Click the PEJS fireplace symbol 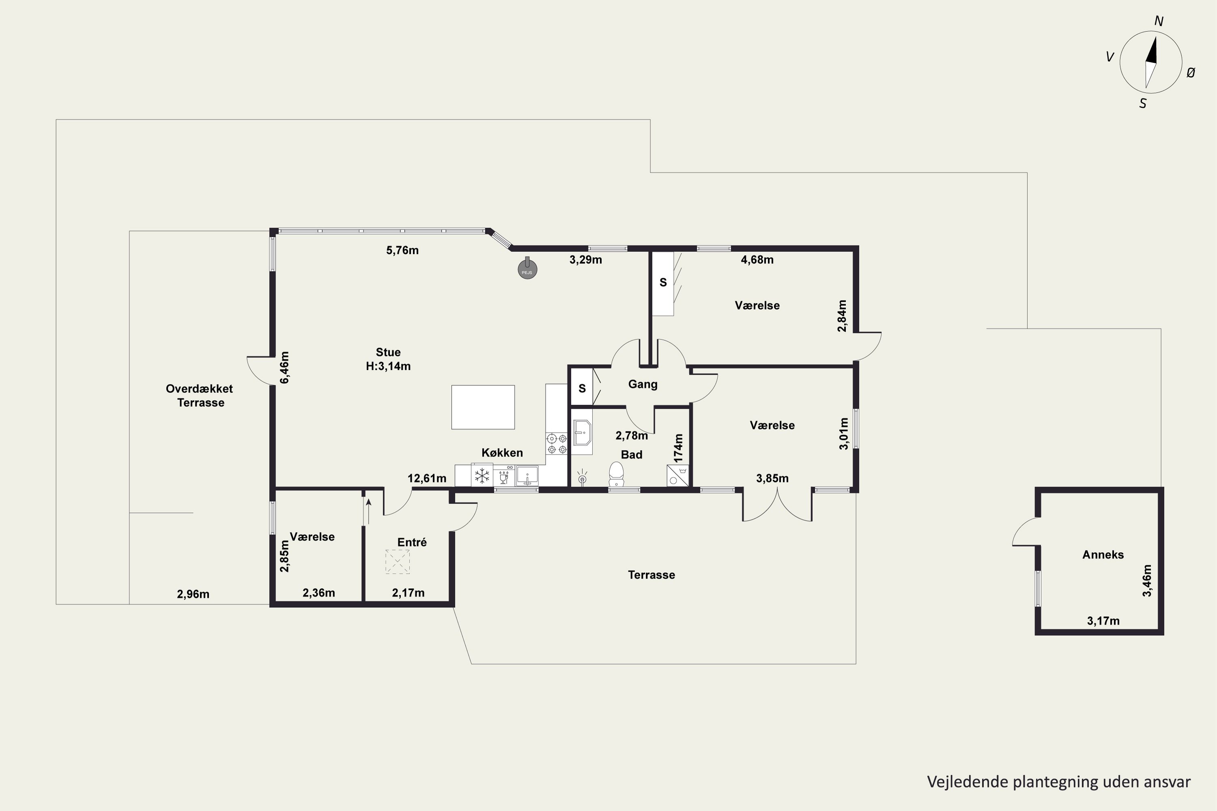[527, 268]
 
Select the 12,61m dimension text [427, 478]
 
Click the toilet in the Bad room [616, 474]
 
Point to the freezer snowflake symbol [482, 475]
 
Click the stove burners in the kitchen [557, 444]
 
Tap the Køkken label [502, 453]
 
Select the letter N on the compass [1159, 21]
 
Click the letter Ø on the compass [1191, 73]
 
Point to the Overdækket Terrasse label [200, 396]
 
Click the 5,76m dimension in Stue [402, 250]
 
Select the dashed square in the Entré [398, 562]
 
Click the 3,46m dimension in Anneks [1147, 580]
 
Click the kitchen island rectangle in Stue [483, 407]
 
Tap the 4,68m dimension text [757, 260]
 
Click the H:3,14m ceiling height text [388, 366]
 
